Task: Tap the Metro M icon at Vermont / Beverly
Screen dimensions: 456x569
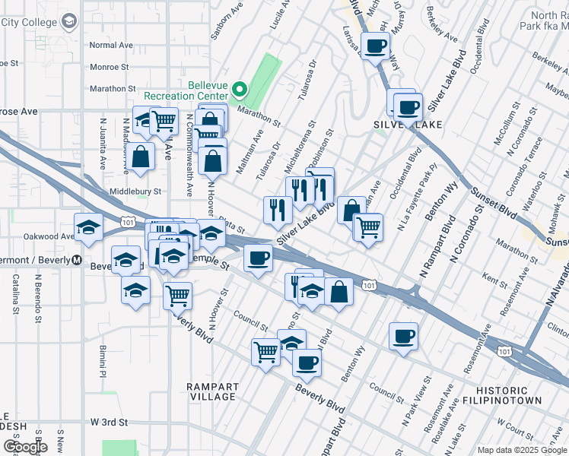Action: pos(77,259)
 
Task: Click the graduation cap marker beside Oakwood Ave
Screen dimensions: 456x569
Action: pos(89,227)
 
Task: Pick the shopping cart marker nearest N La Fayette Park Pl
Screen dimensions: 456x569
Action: pos(368,226)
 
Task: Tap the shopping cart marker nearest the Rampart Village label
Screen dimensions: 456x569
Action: pos(265,352)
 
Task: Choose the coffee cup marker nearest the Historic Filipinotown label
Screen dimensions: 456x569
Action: pos(403,336)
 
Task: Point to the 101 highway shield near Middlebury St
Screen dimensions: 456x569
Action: pos(129,221)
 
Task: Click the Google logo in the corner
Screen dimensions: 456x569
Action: pos(26,446)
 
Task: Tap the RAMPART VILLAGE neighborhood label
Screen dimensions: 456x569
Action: pos(212,391)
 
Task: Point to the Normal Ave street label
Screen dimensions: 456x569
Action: pos(111,46)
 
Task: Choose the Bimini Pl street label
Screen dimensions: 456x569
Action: pos(100,359)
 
